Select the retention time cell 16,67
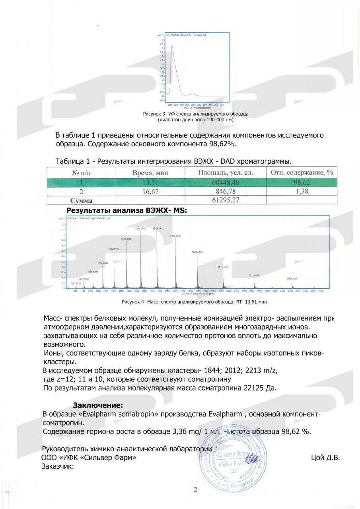point(150,192)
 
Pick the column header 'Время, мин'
point(150,173)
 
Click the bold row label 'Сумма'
point(81,201)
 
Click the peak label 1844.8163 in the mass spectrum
point(197,253)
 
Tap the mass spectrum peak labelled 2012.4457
point(223,267)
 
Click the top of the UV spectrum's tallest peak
point(172,46)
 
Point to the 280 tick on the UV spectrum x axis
point(193,105)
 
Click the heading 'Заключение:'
point(97,405)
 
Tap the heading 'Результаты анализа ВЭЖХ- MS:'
point(126,210)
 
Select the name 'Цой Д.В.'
point(325,458)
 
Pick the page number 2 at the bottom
point(195,490)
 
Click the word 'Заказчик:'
point(58,466)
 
